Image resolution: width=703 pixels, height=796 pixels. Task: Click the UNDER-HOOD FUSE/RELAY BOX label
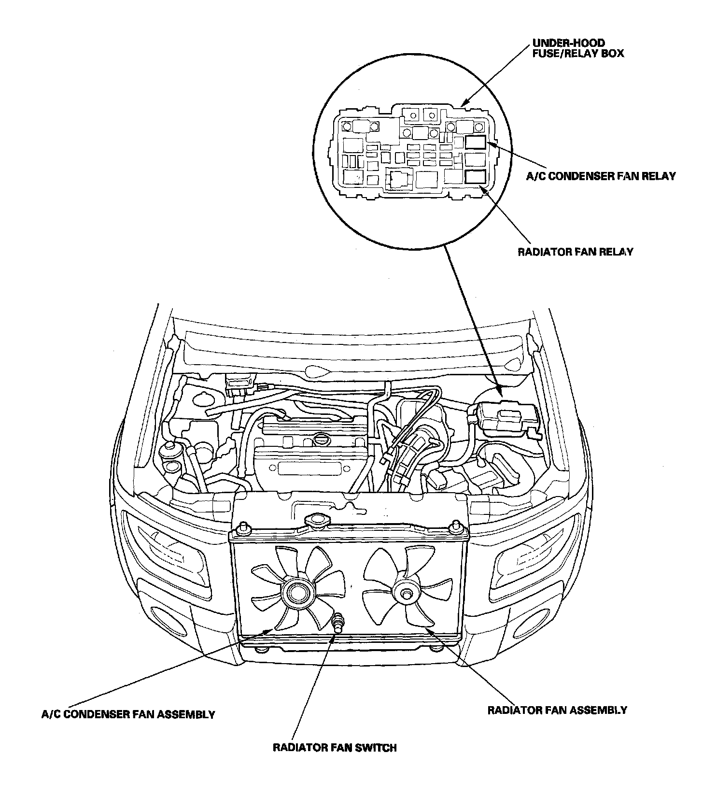coord(577,48)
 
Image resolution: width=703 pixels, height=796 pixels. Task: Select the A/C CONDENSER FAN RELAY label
coord(601,176)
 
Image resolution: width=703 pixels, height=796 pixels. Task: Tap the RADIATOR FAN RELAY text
coord(575,252)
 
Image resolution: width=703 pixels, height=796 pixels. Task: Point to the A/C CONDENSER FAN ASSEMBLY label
coord(128,714)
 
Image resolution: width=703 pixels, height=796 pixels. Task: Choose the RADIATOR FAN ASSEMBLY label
coord(557,710)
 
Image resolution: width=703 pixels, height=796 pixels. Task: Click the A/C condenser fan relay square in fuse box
coord(476,142)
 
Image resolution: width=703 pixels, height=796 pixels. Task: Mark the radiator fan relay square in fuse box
coord(476,177)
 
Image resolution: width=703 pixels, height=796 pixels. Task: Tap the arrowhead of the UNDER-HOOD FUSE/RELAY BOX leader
coord(463,104)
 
